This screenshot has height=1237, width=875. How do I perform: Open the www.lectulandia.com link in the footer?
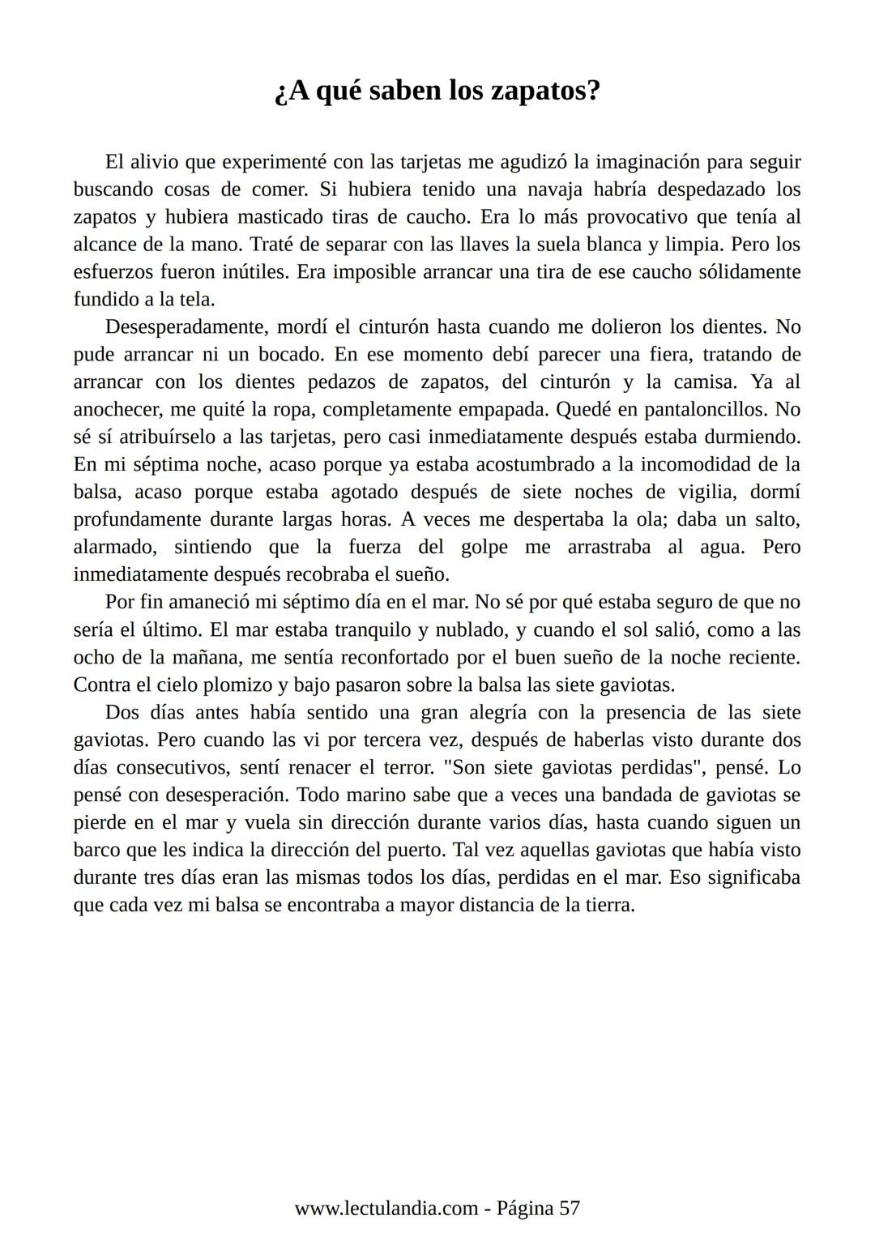386,1209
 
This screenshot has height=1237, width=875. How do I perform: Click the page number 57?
570,1209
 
